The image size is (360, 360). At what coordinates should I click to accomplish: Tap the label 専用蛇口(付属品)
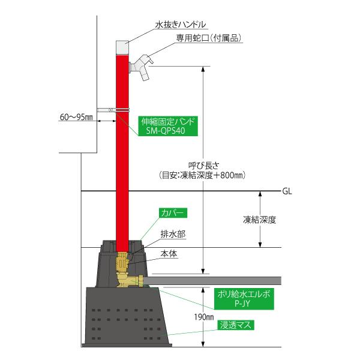click(x=205, y=38)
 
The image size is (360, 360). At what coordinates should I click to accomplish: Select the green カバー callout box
click(x=173, y=213)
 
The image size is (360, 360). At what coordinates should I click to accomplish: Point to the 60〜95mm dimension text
click(x=76, y=116)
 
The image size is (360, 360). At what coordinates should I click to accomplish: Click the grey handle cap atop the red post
click(x=122, y=46)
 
